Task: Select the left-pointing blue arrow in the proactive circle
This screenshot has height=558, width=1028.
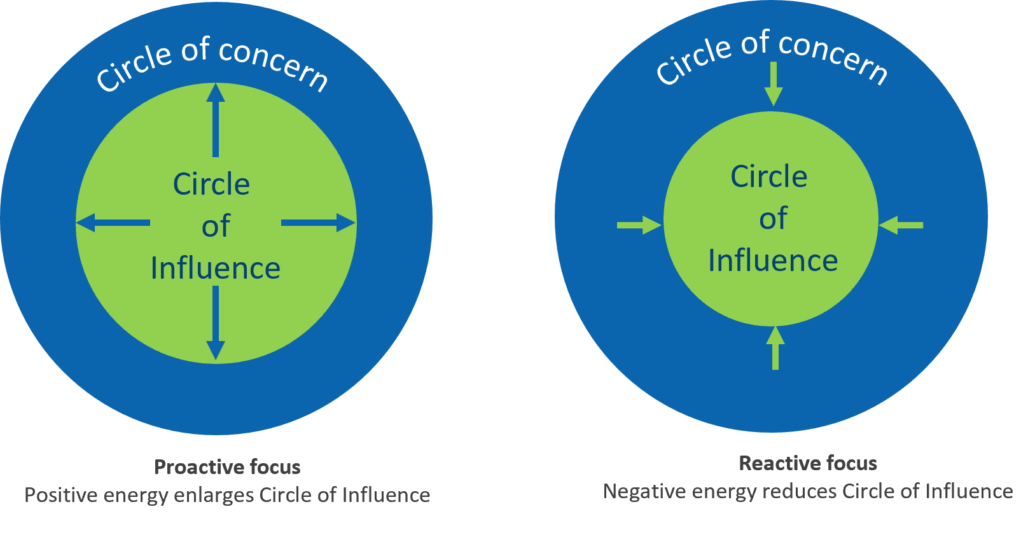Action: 113,223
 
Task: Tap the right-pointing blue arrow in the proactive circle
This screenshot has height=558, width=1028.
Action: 318,223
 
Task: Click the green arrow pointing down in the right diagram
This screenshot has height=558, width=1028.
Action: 774,83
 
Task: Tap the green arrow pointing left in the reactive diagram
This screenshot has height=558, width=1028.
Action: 901,225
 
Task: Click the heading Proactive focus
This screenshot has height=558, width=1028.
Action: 227,467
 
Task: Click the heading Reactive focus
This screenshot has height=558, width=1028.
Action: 808,463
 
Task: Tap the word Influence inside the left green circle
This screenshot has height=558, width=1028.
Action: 216,269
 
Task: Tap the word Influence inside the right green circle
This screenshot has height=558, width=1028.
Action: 773,261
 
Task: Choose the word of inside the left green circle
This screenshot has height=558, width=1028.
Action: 216,227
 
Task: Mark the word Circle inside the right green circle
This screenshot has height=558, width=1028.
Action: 768,176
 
